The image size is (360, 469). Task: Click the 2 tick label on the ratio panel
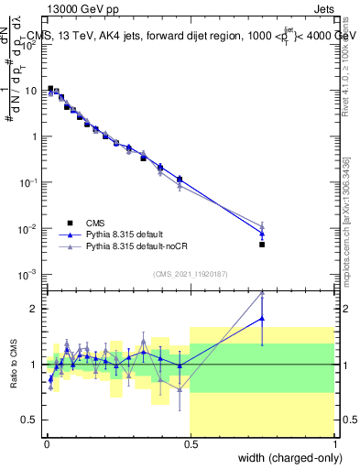pyautogui.click(x=34, y=309)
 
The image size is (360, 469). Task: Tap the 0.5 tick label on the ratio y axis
pyautogui.click(x=29, y=420)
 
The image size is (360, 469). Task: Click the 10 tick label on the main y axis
pyautogui.click(x=29, y=91)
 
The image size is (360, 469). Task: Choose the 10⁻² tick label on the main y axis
pyautogui.click(x=27, y=228)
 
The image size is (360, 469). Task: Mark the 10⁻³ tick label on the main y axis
pyautogui.click(x=27, y=274)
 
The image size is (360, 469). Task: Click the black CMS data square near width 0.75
pyautogui.click(x=262, y=245)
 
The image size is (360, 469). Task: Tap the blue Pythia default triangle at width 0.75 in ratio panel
pyautogui.click(x=262, y=319)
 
